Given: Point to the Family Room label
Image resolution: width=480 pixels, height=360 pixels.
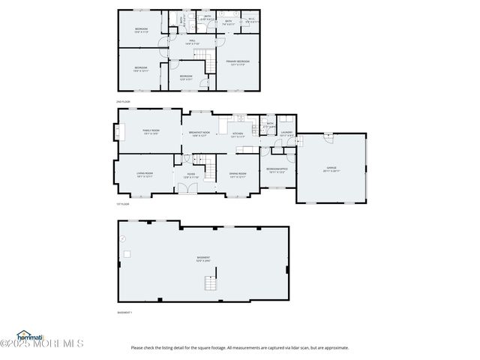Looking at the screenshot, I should tap(149, 132).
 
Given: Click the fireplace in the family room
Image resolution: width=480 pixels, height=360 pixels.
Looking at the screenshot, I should tap(118, 133).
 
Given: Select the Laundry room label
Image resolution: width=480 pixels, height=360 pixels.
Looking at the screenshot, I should tap(286, 134).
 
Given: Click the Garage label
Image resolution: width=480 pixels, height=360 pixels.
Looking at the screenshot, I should tap(331, 169).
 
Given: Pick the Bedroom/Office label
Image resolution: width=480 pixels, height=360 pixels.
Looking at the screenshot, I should tap(277, 170).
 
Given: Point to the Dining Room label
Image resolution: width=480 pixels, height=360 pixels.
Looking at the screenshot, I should tap(238, 175).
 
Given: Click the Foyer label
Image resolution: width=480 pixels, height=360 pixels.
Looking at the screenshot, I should tap(191, 175).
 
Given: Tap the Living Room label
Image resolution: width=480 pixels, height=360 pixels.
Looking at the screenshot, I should tap(144, 175).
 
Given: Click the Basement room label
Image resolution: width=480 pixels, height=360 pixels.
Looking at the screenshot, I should tap(202, 259).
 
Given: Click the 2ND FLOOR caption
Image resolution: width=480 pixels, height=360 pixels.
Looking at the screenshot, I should tap(123, 100).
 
